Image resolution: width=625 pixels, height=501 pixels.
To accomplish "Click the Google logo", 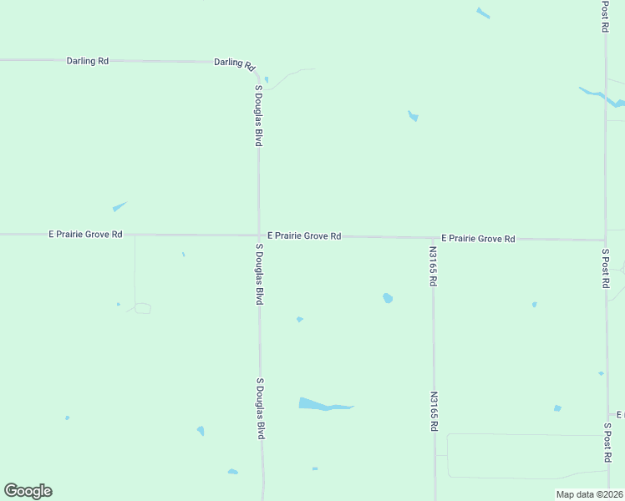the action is click(28, 491).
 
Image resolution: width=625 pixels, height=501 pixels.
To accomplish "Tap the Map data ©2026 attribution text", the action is click(589, 494).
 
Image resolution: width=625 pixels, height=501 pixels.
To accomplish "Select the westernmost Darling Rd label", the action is click(88, 61).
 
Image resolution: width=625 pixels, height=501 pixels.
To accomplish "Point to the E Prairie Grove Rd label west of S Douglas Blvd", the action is click(85, 235).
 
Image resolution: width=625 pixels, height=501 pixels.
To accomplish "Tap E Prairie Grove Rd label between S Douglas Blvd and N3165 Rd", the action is click(304, 236).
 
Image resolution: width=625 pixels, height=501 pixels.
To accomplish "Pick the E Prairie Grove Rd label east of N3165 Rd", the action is click(478, 238).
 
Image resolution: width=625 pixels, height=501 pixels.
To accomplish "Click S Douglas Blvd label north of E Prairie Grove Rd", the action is click(259, 115).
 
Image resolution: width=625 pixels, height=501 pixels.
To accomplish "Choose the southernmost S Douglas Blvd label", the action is click(261, 409).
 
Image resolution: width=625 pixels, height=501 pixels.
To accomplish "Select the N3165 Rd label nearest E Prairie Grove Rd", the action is click(433, 266).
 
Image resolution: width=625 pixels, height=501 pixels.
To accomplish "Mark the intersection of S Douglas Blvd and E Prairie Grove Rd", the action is click(258, 235).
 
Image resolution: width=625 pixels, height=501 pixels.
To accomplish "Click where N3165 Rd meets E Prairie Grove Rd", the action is click(433, 238).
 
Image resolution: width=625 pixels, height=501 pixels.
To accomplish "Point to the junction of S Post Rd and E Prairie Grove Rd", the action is click(605, 240).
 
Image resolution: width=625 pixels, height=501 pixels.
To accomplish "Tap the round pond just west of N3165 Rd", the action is click(388, 297).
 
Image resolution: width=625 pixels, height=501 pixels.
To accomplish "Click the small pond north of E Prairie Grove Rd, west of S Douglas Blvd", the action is click(119, 206).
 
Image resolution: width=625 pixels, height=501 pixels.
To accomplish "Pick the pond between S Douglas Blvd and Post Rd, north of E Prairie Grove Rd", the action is click(413, 116).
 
